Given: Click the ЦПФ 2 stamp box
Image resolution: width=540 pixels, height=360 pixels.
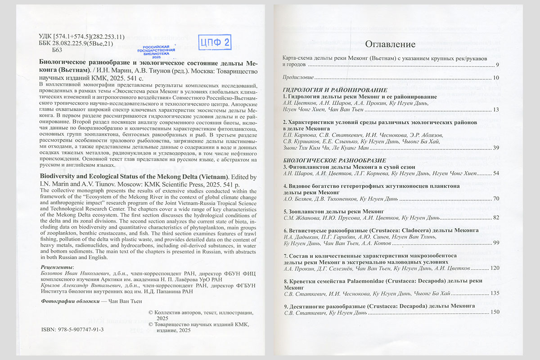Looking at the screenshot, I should coord(215,43).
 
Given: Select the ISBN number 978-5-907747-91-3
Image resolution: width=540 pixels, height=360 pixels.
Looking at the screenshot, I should coord(78,329).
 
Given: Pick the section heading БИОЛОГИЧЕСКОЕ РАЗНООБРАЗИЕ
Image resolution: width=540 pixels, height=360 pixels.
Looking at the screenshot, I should coord(334,160).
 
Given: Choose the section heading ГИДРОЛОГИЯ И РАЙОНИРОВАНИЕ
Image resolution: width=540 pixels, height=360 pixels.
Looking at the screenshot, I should coord(335,90).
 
